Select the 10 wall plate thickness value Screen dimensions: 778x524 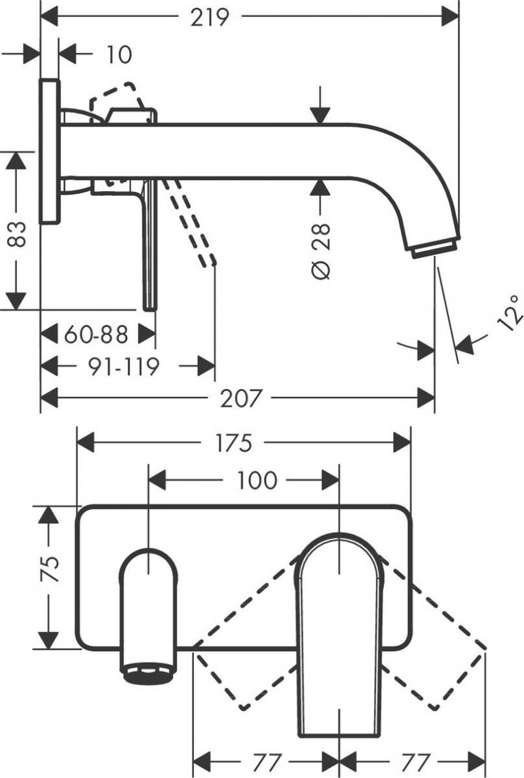tap(118, 54)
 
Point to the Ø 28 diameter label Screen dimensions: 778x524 tap(320, 250)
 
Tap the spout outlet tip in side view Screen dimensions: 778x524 tap(434, 248)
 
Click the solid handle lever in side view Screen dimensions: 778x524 tap(150, 249)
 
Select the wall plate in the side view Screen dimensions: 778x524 tap(50, 151)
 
